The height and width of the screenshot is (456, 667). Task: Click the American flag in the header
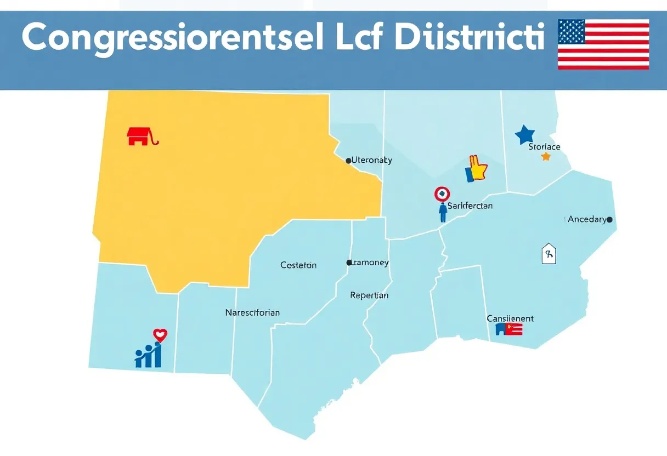click(x=603, y=44)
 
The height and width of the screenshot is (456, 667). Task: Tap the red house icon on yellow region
click(x=138, y=136)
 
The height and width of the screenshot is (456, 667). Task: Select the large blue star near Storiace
click(x=525, y=135)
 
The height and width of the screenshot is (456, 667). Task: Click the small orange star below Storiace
click(x=546, y=156)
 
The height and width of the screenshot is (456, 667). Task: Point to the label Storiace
click(x=544, y=147)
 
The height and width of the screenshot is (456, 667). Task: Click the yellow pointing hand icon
click(x=476, y=169)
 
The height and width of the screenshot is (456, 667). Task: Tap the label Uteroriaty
click(x=371, y=161)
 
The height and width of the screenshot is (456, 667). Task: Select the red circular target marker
click(x=442, y=193)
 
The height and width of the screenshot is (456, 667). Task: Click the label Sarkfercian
click(x=470, y=206)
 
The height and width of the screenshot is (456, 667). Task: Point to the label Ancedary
click(x=587, y=219)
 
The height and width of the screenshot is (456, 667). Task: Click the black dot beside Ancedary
click(x=609, y=219)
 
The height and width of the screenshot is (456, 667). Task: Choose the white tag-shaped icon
click(x=549, y=254)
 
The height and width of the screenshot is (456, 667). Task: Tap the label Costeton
click(x=298, y=265)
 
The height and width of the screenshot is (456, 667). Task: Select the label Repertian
click(x=369, y=295)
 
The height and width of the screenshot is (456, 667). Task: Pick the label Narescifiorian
click(x=252, y=313)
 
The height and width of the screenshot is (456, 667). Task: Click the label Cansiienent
click(x=510, y=318)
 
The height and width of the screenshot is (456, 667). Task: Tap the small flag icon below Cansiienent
click(x=508, y=329)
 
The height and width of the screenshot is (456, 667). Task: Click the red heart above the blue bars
click(x=160, y=334)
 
